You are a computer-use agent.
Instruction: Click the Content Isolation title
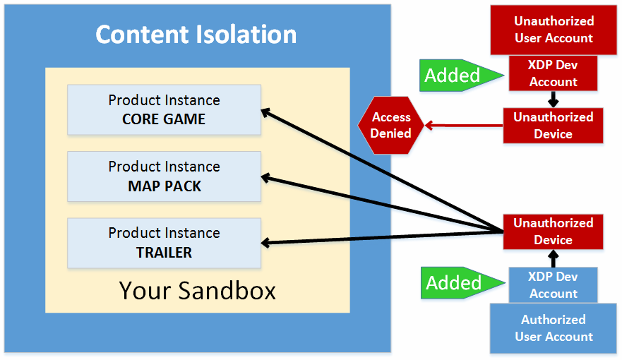(x=196, y=34)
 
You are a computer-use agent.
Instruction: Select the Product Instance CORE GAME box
(x=165, y=110)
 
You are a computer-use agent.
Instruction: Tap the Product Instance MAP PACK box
(x=165, y=176)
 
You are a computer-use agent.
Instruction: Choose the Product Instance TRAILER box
(x=165, y=243)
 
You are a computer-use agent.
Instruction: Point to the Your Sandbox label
(x=197, y=291)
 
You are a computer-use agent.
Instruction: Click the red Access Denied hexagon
(x=390, y=125)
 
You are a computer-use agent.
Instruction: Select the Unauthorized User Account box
(x=554, y=30)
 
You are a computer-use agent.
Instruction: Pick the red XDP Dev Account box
(x=553, y=73)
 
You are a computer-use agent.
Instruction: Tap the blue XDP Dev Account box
(x=553, y=285)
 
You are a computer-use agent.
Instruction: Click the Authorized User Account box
(x=554, y=328)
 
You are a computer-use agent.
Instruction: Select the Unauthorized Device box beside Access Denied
(x=553, y=125)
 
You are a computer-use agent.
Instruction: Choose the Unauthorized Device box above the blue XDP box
(x=553, y=232)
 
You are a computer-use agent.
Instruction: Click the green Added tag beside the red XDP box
(x=462, y=76)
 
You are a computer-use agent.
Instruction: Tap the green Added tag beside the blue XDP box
(x=463, y=282)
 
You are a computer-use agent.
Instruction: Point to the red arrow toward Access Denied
(x=464, y=126)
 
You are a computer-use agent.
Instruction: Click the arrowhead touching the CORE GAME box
(x=265, y=113)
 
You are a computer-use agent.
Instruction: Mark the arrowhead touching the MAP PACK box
(x=265, y=179)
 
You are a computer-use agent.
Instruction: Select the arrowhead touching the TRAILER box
(x=265, y=243)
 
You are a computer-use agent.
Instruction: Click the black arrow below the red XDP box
(x=554, y=100)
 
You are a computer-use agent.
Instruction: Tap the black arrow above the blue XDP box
(x=554, y=258)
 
